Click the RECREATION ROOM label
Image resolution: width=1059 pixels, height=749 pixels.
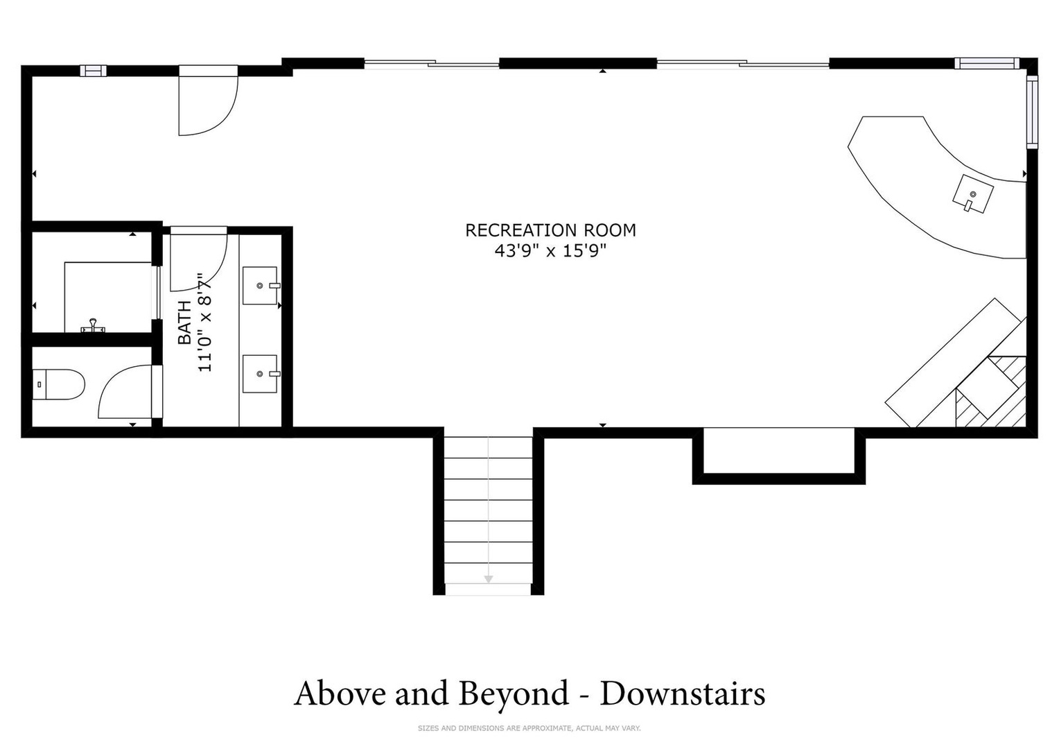(x=550, y=230)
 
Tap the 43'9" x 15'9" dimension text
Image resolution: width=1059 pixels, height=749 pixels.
(x=550, y=251)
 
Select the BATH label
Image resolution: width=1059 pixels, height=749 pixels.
(x=185, y=322)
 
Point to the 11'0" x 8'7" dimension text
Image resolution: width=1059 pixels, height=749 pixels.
(x=204, y=322)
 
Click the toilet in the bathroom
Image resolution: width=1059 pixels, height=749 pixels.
(x=58, y=384)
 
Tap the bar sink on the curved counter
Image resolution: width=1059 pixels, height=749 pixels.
(x=973, y=194)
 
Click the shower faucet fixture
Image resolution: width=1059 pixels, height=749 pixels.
(x=93, y=326)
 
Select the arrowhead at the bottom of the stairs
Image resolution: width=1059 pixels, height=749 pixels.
(x=489, y=579)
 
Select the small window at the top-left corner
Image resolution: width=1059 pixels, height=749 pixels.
(x=93, y=71)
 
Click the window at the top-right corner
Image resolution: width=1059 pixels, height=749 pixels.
(x=987, y=63)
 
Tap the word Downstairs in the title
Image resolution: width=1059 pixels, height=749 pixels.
(x=683, y=694)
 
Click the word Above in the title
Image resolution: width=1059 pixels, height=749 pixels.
(x=340, y=694)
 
